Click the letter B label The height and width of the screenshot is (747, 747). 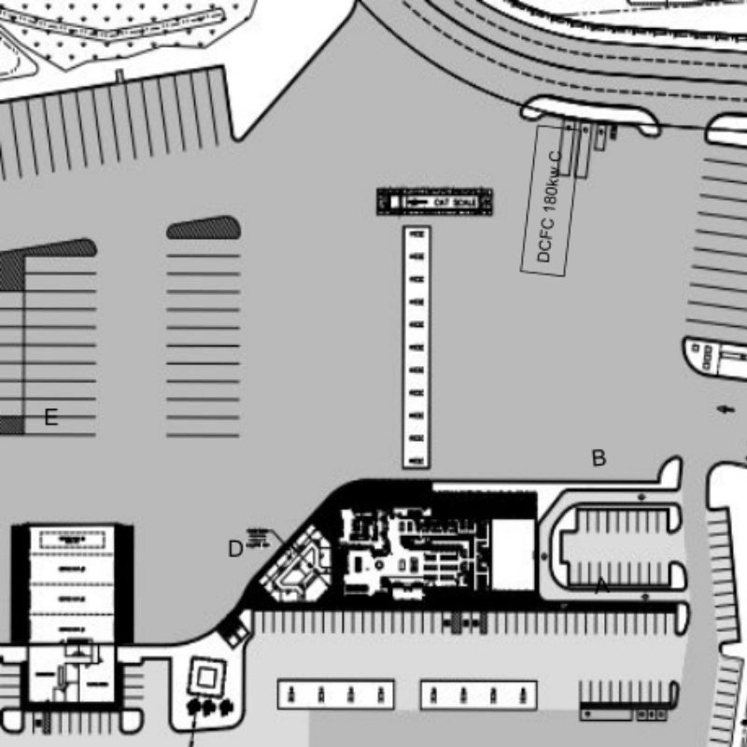[599, 458]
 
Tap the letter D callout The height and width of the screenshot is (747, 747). [236, 549]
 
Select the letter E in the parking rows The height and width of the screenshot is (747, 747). [51, 417]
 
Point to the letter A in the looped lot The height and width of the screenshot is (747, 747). [602, 586]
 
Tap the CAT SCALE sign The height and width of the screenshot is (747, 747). [434, 202]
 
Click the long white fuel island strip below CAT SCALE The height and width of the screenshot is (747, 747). [416, 346]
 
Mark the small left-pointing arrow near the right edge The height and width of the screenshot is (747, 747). [726, 409]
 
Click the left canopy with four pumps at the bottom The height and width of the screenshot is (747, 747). [336, 694]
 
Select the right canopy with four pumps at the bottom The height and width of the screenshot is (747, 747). [479, 694]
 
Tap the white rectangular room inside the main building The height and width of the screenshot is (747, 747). [512, 555]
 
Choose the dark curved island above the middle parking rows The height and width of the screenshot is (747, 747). [204, 228]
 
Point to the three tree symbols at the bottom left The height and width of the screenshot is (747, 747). [208, 707]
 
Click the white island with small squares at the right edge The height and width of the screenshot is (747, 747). [714, 357]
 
